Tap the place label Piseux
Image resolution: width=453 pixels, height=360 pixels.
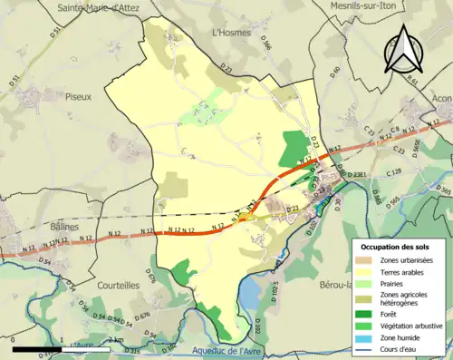tap(79, 94)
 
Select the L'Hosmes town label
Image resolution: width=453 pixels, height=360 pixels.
tap(228, 32)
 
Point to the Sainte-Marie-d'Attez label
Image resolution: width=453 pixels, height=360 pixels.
tap(100, 7)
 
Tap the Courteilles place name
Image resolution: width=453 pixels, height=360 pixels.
tap(120, 284)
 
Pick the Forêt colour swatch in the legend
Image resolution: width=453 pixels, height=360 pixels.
tap(364, 315)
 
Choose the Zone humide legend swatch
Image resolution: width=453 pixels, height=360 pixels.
tap(364, 337)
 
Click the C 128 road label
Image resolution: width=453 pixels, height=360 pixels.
tap(394, 171)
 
